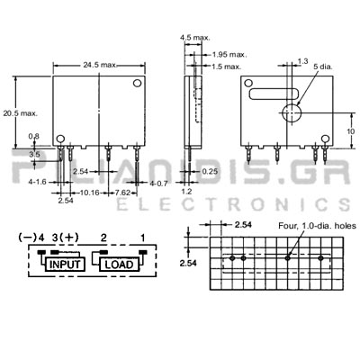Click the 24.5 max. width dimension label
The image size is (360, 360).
pyautogui.click(x=100, y=65)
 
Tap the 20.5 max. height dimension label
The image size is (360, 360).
pyautogui.click(x=20, y=113)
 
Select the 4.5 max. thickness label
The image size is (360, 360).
pyautogui.click(x=195, y=38)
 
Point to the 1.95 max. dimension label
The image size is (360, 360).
pyautogui.click(x=229, y=55)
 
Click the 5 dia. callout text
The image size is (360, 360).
pyautogui.click(x=323, y=67)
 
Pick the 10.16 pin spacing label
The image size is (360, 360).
pyautogui.click(x=90, y=193)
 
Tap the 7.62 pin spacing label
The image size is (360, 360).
pyautogui.click(x=123, y=193)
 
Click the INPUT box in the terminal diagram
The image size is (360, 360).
pyautogui.click(x=65, y=265)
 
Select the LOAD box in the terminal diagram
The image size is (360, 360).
pyautogui.click(x=120, y=265)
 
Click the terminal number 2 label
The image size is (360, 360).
pyautogui.click(x=103, y=238)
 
